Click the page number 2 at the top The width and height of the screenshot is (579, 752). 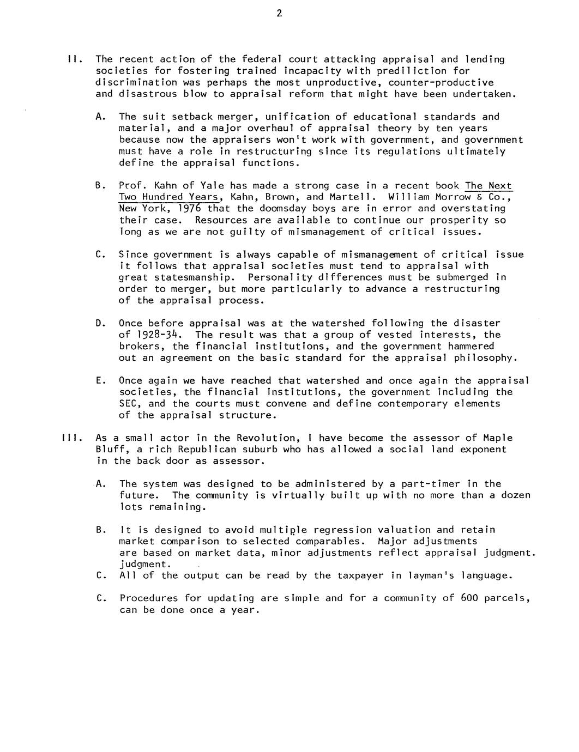[x=279, y=14]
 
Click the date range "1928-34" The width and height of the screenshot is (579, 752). [x=165, y=335]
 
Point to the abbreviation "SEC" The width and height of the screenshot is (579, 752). [x=128, y=403]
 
